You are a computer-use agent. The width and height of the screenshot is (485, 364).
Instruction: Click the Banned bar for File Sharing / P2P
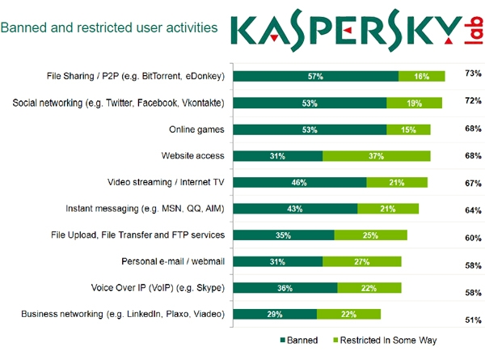(315, 76)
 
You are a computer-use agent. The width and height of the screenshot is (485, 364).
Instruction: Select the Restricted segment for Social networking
(414, 103)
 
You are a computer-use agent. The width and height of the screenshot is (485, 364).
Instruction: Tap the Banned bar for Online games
(310, 129)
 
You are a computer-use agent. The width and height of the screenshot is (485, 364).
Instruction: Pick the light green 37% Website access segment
(376, 156)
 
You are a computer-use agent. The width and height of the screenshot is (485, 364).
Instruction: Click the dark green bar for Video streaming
(300, 183)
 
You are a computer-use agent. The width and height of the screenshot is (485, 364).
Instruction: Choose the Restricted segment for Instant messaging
(388, 209)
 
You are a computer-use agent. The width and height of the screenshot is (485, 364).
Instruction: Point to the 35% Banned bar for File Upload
(284, 235)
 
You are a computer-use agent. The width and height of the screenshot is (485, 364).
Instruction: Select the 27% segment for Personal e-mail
(361, 261)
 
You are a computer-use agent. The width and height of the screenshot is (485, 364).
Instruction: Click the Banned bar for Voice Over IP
(285, 288)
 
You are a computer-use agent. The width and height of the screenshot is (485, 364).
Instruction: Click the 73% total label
(473, 74)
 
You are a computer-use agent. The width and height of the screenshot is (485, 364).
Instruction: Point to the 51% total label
(473, 320)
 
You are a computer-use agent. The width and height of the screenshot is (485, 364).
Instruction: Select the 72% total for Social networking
(473, 100)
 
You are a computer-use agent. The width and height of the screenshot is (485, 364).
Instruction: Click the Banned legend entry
(299, 341)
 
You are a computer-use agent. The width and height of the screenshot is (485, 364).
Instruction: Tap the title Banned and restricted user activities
(109, 28)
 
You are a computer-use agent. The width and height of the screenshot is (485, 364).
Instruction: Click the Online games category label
(196, 129)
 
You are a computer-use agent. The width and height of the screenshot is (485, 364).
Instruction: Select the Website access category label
(192, 156)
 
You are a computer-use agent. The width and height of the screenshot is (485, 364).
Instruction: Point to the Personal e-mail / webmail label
(172, 261)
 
